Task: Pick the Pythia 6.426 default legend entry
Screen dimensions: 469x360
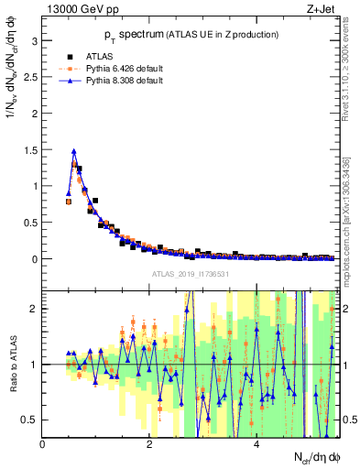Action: point(110,68)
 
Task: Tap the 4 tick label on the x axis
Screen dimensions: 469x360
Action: point(256,446)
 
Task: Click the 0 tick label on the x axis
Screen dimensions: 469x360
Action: point(43,446)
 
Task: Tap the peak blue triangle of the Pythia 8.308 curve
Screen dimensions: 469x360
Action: point(73,151)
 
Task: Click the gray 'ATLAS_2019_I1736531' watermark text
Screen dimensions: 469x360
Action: point(190,275)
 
